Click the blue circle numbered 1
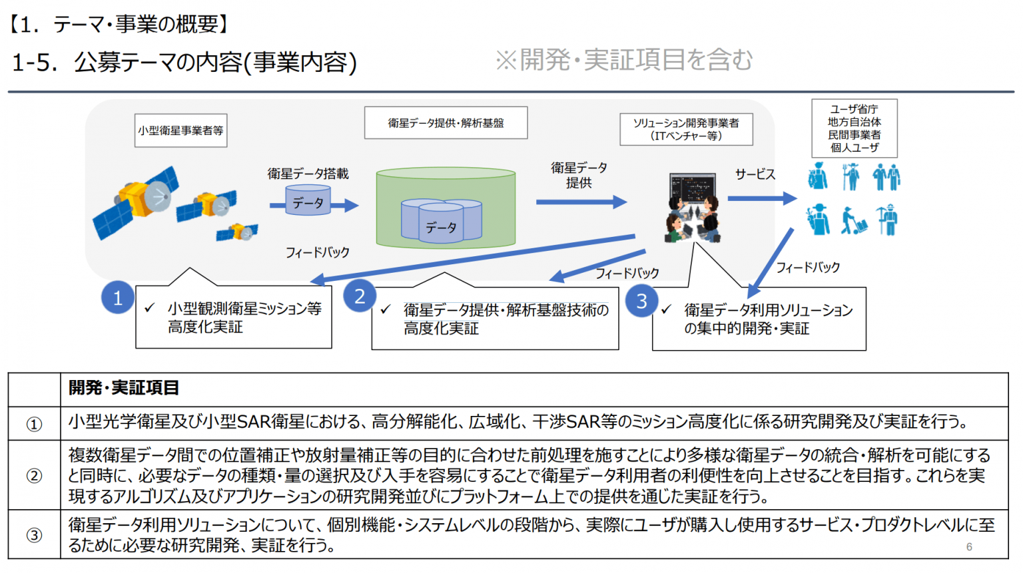118,297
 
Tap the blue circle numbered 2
360,296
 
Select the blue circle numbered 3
641,301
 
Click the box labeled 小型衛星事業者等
181,130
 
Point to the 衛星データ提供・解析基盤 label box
446,122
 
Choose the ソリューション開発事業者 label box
686,130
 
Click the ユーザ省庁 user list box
854,128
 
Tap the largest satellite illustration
136,202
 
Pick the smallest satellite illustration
237,232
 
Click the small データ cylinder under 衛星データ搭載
308,200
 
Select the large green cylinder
446,208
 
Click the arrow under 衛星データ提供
581,202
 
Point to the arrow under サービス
762,198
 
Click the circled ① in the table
34,425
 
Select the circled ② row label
34,476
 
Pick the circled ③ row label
34,534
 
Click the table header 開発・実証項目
124,388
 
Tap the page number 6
969,547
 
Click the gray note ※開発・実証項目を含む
624,60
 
